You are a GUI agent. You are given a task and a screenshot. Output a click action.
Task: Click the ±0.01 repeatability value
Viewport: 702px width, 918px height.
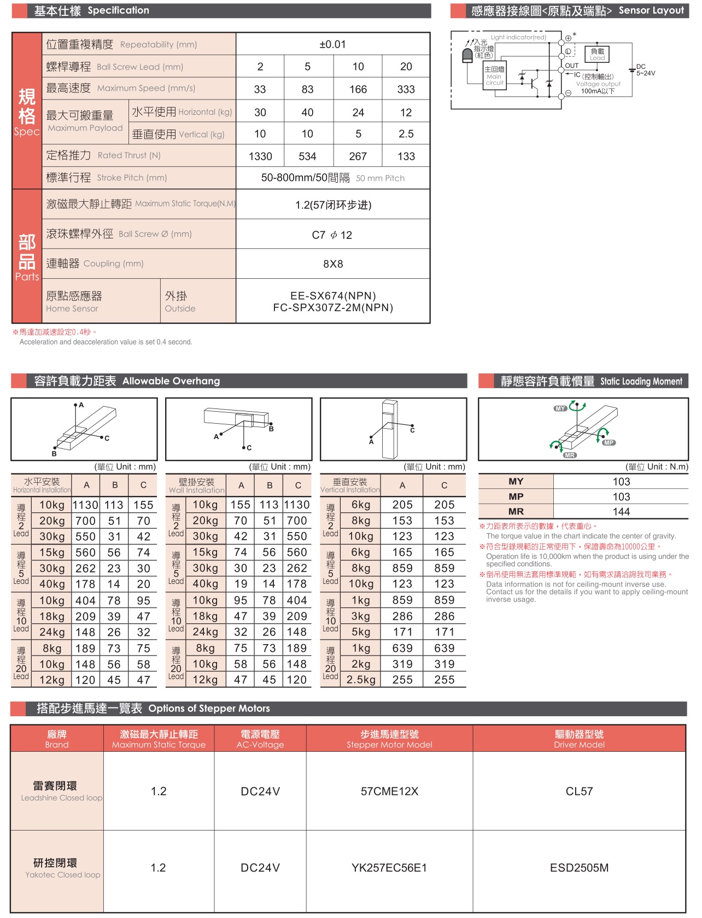coord(332,44)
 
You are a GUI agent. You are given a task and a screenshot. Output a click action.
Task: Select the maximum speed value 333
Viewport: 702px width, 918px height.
coord(406,89)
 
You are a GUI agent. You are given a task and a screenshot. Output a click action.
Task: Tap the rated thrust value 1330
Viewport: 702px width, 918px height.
coord(260,156)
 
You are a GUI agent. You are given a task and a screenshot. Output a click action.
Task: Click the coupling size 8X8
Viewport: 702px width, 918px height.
coord(333,264)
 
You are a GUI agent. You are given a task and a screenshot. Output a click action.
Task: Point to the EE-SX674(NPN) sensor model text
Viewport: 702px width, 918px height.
coord(333,296)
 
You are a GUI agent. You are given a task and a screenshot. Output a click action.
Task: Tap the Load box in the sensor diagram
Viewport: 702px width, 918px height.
coord(597,54)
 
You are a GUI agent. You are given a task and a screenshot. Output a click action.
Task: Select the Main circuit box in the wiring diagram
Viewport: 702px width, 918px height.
coord(494,75)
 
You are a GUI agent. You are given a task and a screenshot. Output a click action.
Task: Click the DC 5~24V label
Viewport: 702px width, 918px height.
coord(645,70)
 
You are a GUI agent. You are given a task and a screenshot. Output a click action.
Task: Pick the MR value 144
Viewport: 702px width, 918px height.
coord(621,512)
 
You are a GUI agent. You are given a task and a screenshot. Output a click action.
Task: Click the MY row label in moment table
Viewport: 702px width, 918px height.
coord(516,482)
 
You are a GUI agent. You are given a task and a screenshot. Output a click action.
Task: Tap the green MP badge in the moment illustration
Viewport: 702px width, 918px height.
coord(609,443)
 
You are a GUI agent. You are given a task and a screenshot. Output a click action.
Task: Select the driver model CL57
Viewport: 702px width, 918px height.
coord(579,791)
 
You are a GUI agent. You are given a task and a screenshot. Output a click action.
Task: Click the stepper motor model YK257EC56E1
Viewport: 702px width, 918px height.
coord(389,868)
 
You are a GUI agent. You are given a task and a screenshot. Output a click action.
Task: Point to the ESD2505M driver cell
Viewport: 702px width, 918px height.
coord(579,868)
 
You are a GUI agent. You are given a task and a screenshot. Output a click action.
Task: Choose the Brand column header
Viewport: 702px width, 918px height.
coord(57,739)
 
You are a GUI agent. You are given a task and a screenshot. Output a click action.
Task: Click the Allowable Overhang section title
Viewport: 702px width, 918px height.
coord(127,381)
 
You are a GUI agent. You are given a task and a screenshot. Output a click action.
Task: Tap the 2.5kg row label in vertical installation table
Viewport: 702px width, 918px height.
coord(361,680)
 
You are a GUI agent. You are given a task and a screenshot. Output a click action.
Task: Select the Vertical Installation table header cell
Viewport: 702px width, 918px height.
coord(350,486)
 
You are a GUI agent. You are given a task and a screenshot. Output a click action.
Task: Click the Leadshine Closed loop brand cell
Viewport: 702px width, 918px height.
coord(57,791)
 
